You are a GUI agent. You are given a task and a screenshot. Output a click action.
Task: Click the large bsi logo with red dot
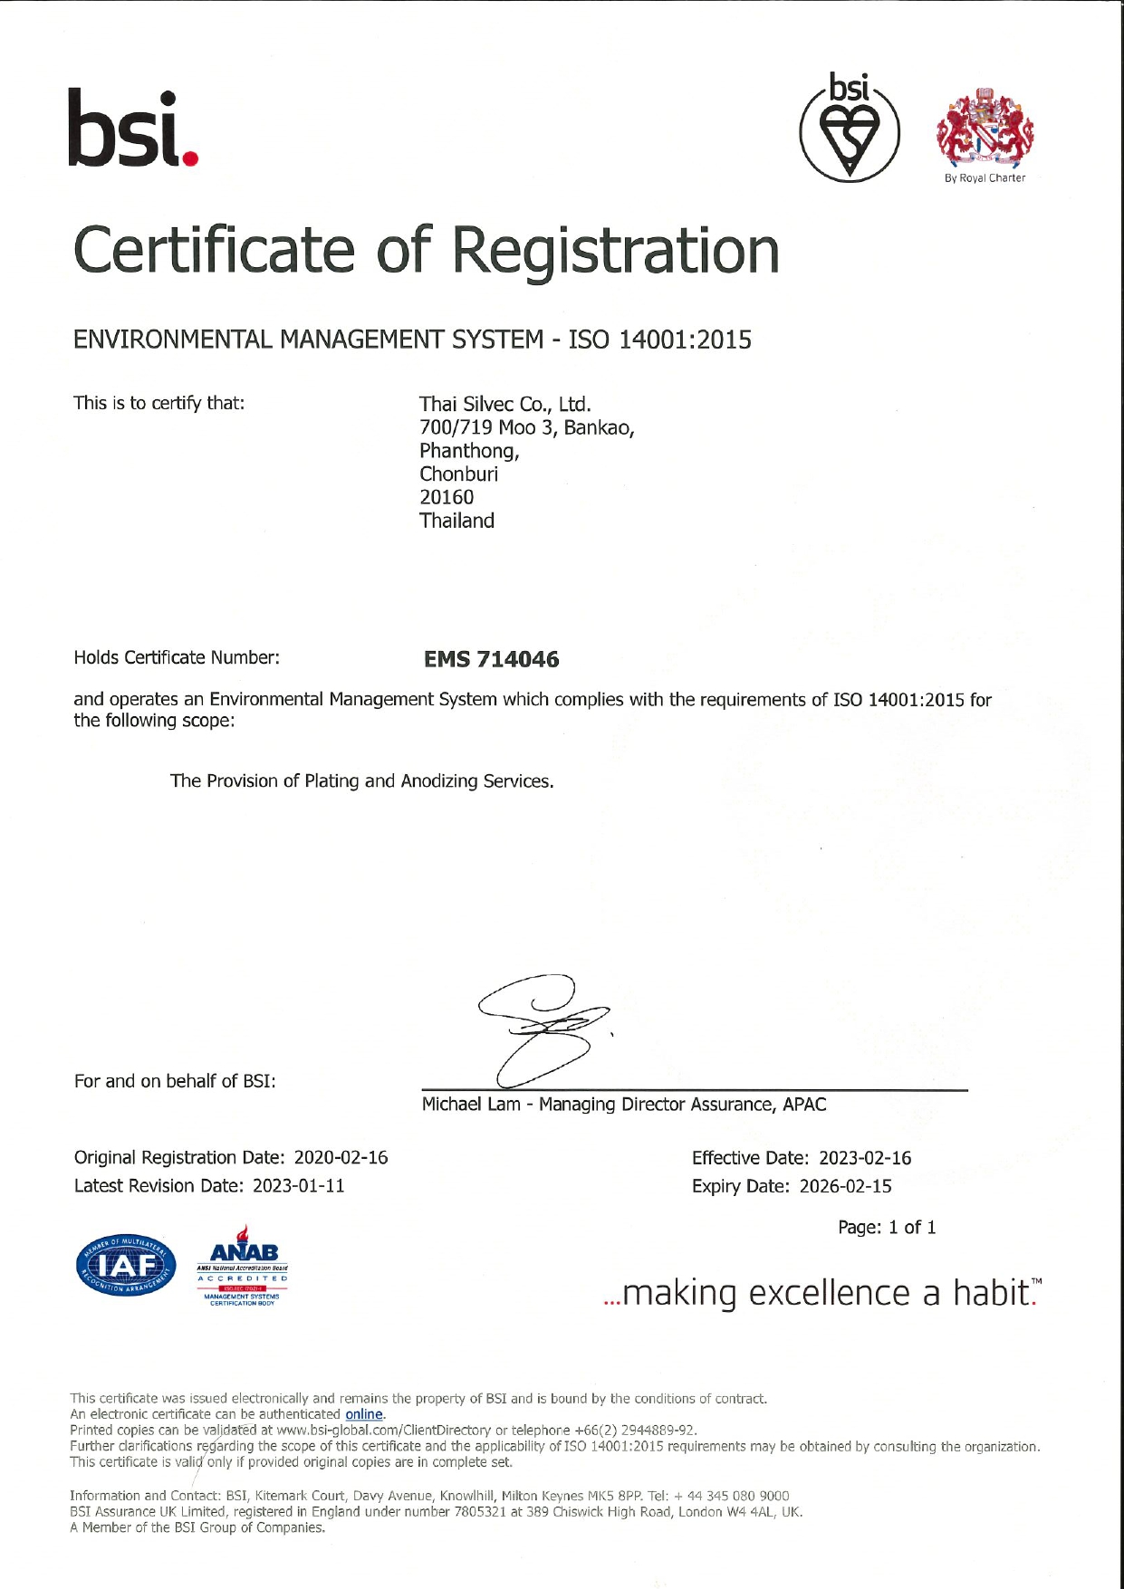(133, 129)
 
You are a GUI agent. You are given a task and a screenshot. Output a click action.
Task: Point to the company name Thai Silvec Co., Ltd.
(504, 404)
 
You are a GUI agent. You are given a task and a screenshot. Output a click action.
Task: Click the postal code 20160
(446, 497)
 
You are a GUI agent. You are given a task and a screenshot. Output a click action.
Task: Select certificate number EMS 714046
(491, 659)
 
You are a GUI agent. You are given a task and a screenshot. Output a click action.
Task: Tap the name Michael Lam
(471, 1105)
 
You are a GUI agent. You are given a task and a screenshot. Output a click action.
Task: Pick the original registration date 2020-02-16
(341, 1157)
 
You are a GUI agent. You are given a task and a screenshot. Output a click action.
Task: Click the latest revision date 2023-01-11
(298, 1185)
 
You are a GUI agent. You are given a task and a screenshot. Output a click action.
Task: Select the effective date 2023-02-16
(865, 1158)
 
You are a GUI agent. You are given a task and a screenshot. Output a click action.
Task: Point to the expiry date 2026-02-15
(845, 1186)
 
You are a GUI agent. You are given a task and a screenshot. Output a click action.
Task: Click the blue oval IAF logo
(127, 1265)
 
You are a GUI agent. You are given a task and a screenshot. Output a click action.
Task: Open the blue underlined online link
(364, 1414)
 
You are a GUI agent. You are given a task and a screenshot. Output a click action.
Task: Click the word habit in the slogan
(992, 1292)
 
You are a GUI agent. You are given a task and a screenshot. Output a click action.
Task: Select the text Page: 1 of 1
(887, 1228)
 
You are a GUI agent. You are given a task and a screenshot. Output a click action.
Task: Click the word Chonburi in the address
(458, 474)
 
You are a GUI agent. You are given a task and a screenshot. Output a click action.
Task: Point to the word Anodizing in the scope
(439, 780)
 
